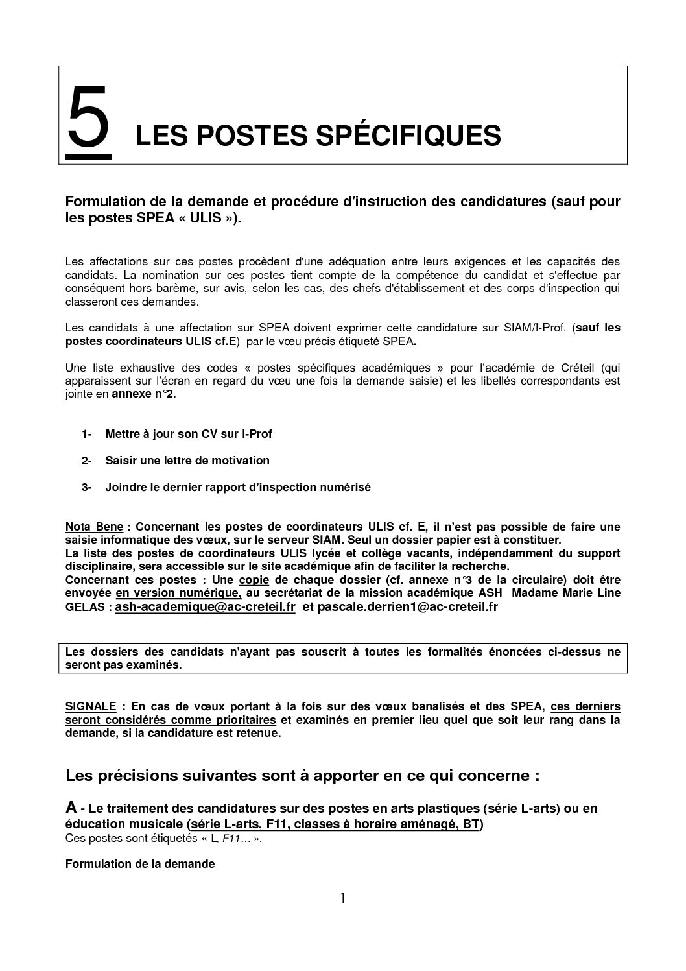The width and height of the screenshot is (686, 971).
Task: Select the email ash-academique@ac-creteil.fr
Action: tap(205, 606)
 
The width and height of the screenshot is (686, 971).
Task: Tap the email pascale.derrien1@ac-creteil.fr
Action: tap(408, 606)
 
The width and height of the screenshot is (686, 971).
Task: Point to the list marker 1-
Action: tap(87, 434)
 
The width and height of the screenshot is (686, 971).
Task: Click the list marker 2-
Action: tap(87, 461)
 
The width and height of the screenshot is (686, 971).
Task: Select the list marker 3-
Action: tap(87, 487)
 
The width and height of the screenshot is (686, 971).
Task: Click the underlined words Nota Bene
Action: tap(94, 527)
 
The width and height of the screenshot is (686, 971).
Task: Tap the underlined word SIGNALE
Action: tap(91, 706)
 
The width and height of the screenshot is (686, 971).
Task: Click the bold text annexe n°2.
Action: tap(144, 394)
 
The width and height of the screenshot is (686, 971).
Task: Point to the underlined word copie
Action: tap(254, 579)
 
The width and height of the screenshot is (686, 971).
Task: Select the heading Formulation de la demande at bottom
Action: tap(139, 864)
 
